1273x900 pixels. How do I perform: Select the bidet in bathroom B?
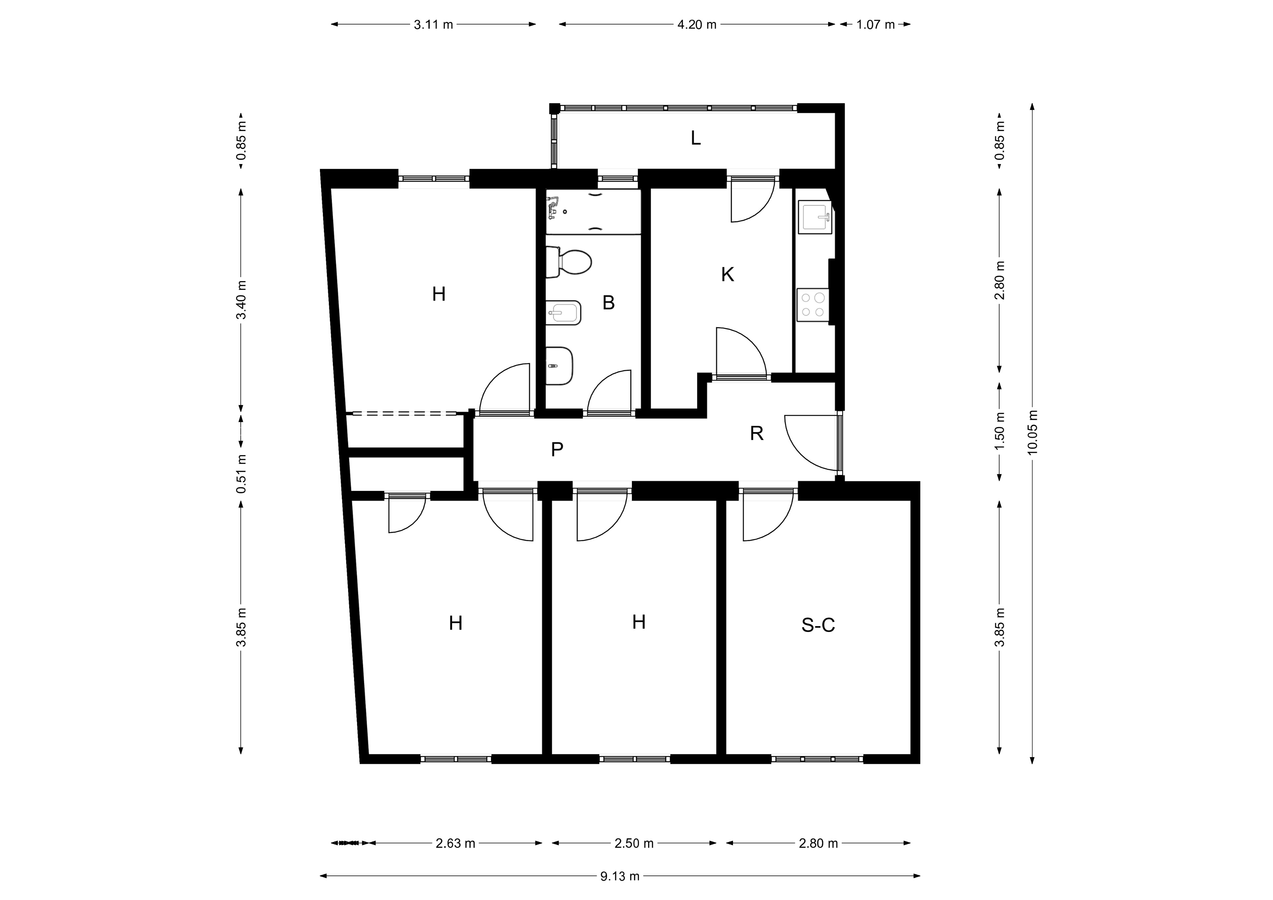tap(563, 313)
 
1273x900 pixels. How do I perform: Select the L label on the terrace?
tap(696, 138)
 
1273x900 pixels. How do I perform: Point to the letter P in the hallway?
tap(557, 449)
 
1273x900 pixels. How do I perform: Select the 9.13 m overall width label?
tap(620, 876)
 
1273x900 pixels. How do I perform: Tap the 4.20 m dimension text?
tap(697, 25)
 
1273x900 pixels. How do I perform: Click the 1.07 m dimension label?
tap(876, 25)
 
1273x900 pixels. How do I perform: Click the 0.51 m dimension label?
tap(241, 474)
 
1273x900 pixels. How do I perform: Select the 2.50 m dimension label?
tap(634, 843)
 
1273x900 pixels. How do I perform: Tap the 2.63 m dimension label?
tap(455, 843)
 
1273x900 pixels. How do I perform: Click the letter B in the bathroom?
tap(608, 303)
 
